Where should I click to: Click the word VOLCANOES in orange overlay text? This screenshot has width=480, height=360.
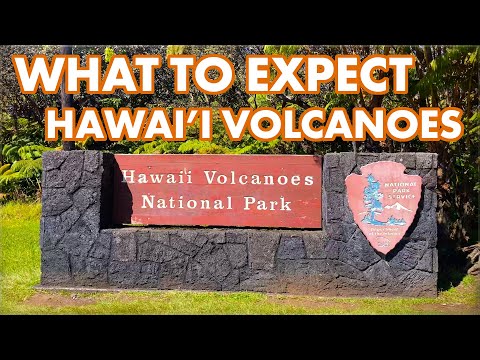pos(360,123)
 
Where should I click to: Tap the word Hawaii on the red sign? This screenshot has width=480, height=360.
pos(149,179)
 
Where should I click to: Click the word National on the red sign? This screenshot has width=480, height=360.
pos(179,204)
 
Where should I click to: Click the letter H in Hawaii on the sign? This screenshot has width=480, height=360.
pos(126,179)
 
